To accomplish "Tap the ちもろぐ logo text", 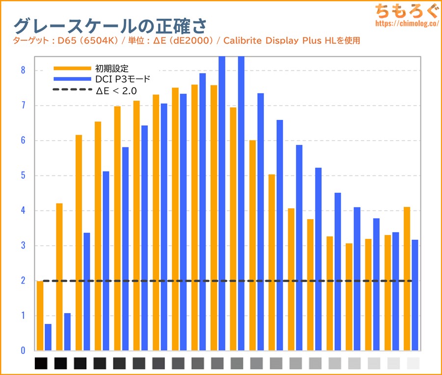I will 406,10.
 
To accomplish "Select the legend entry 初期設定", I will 110,68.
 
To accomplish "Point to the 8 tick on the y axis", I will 23,70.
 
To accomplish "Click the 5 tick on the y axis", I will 23,176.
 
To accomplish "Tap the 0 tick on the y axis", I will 23,351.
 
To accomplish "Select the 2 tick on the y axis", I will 23,281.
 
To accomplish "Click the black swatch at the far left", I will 41,364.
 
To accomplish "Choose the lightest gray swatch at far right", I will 414,364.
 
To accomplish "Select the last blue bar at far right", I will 415,295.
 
